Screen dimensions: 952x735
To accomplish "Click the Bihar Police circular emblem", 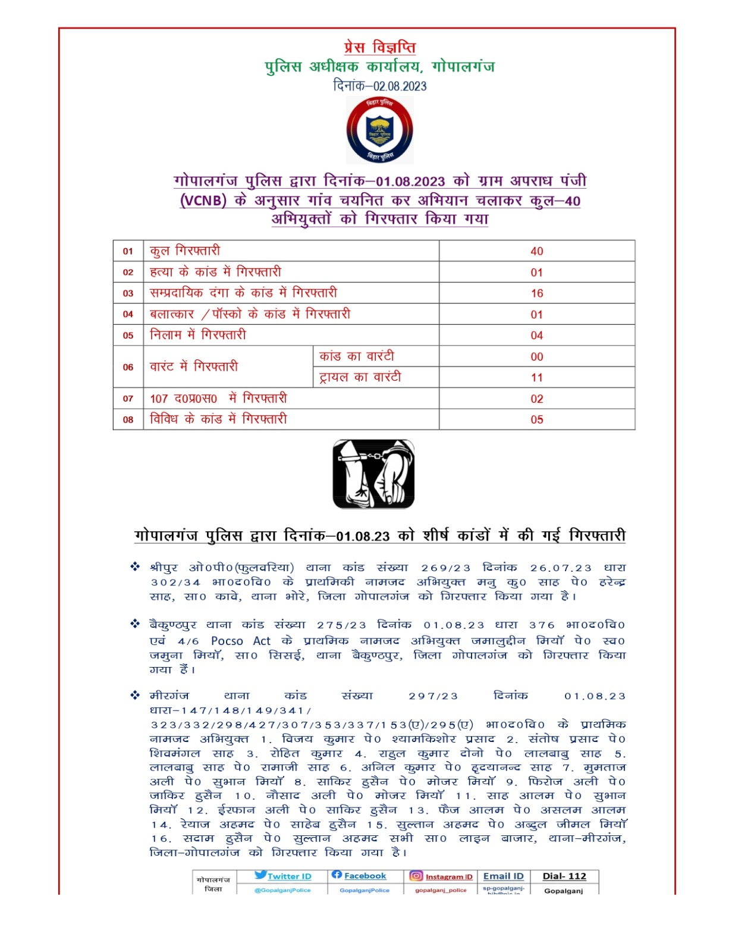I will pyautogui.click(x=379, y=130).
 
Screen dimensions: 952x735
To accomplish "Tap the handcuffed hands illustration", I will pyautogui.click(x=373, y=474).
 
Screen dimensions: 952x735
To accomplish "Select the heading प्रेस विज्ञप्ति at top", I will pyautogui.click(x=379, y=47).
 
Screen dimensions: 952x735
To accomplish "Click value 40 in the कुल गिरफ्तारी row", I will pyautogui.click(x=536, y=251).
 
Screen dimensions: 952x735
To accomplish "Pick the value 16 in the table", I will pyautogui.click(x=536, y=293).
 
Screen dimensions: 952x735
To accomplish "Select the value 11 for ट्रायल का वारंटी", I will pyautogui.click(x=536, y=378).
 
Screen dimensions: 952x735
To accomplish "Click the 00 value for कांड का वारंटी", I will pyautogui.click(x=536, y=356).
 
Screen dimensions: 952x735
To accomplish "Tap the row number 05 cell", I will pyautogui.click(x=128, y=336).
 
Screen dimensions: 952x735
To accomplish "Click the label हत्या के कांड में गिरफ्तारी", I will pyautogui.click(x=215, y=272).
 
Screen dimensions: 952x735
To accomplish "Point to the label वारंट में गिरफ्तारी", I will pyautogui.click(x=194, y=367).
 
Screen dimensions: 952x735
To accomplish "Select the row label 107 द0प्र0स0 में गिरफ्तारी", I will pyautogui.click(x=218, y=399).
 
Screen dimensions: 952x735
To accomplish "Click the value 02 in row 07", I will pyautogui.click(x=536, y=399).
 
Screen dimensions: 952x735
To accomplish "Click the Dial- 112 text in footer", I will pyautogui.click(x=564, y=876).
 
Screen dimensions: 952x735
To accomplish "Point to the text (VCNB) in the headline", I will pyautogui.click(x=203, y=201).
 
